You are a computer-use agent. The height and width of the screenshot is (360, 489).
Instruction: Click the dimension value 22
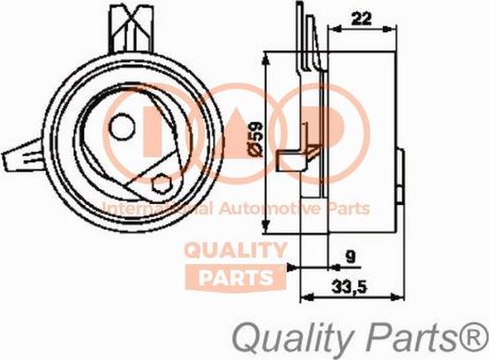pyautogui.click(x=361, y=16)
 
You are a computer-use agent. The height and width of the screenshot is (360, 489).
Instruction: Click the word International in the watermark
pyautogui.click(x=147, y=209)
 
